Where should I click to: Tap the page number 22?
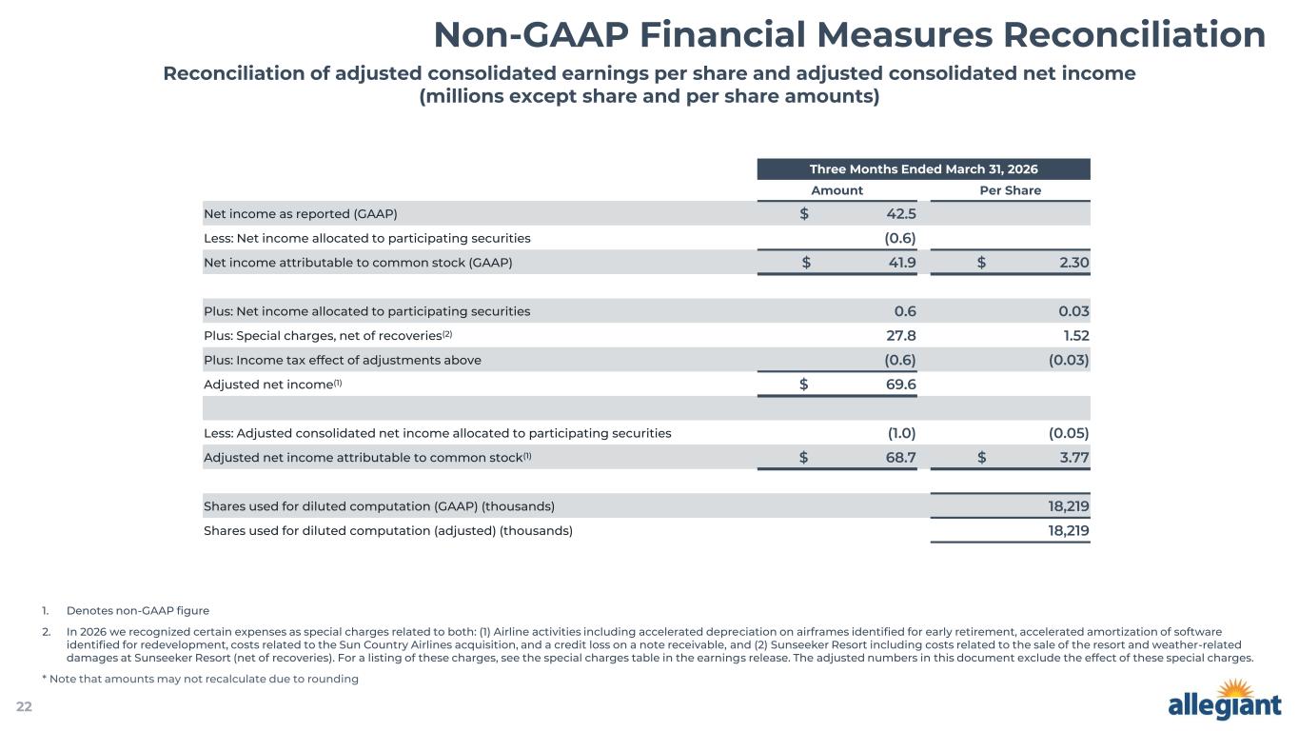point(24,706)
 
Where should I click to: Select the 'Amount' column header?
point(836,190)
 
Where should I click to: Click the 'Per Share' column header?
point(1011,190)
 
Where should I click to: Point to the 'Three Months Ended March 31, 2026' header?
point(923,168)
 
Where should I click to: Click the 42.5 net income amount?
point(900,213)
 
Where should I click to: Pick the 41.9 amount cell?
point(902,263)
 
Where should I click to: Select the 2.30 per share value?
point(1074,263)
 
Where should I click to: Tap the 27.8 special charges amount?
point(900,335)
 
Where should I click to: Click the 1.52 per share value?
point(1076,335)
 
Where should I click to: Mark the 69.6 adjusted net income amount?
point(900,385)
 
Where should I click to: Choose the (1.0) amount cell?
point(902,433)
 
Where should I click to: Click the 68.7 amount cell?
point(900,457)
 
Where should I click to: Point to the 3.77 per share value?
point(1074,457)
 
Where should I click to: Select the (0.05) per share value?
point(1069,433)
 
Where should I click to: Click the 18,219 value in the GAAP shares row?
point(1068,506)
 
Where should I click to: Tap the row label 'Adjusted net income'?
point(268,385)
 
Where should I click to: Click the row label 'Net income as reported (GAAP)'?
point(301,213)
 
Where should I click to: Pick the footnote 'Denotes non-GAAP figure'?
point(138,610)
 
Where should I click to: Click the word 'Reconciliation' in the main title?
point(1134,35)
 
